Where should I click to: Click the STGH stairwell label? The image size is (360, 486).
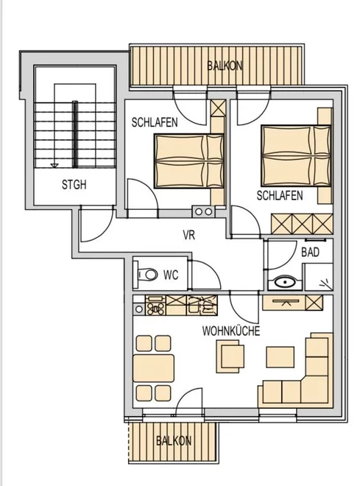point(74,185)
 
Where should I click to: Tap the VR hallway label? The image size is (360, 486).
point(189,235)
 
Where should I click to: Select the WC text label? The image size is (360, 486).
point(171,275)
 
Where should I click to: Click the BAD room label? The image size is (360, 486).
point(310,253)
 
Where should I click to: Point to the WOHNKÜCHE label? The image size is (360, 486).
point(231,331)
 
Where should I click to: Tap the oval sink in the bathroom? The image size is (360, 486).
point(285,283)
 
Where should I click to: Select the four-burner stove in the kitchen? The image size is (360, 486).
point(155,306)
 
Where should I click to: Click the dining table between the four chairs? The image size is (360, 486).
point(153,368)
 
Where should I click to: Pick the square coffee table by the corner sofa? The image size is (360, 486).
point(280,357)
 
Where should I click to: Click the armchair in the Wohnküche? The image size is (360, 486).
point(230,356)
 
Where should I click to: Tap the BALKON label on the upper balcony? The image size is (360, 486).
point(225,66)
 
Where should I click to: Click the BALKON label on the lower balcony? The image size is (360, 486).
point(174,441)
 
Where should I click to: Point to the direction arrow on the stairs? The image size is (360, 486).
point(54,165)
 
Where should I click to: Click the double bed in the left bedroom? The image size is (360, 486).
point(189,161)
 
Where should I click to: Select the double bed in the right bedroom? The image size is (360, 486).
point(296,155)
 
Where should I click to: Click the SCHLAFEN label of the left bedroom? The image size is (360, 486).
point(155,122)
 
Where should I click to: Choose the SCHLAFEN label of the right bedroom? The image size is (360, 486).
point(280,196)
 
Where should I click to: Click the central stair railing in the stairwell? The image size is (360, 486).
point(74,135)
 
